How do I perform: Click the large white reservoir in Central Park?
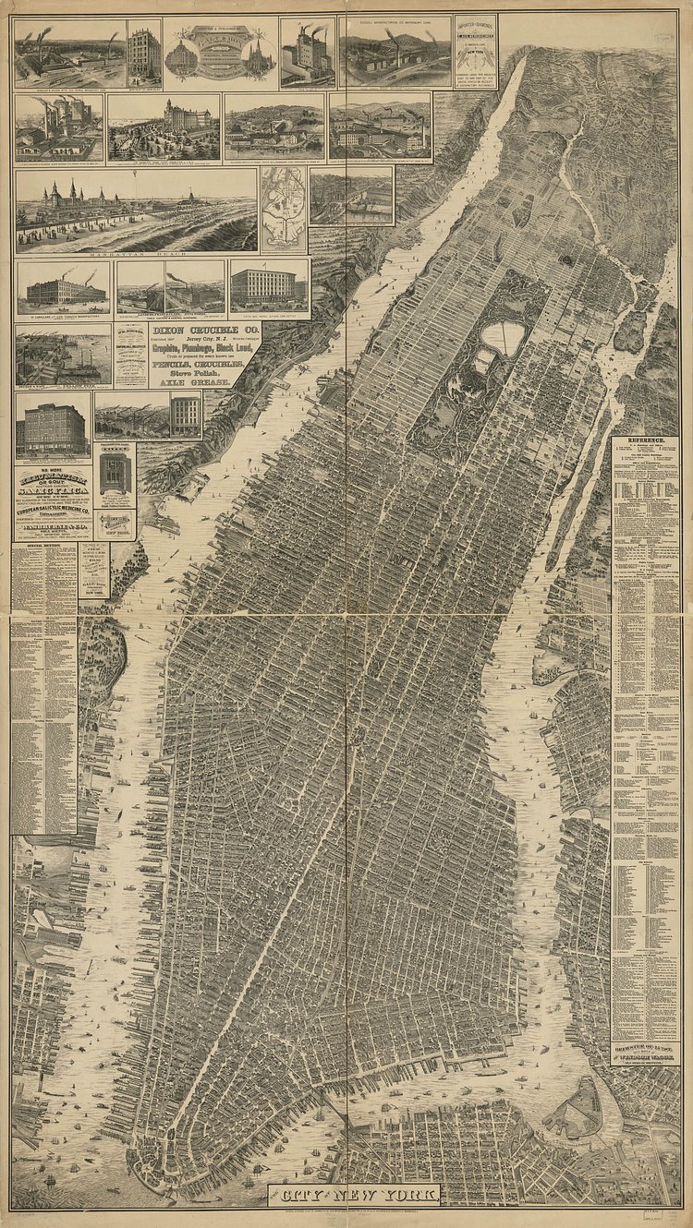click(504, 339)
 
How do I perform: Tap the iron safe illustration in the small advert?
click(115, 473)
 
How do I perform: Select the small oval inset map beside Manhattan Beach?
click(283, 211)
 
